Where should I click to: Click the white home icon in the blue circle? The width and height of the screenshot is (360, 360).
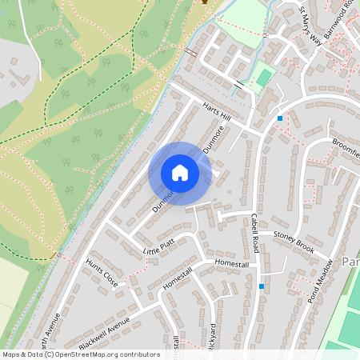tap(180, 173)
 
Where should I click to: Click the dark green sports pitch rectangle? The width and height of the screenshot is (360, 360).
tap(263, 78)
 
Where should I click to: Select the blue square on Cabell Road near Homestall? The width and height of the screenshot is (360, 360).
tap(261, 286)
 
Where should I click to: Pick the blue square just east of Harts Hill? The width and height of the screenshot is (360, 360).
tap(280, 118)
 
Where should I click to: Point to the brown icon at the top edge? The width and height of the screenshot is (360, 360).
tap(205, 2)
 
